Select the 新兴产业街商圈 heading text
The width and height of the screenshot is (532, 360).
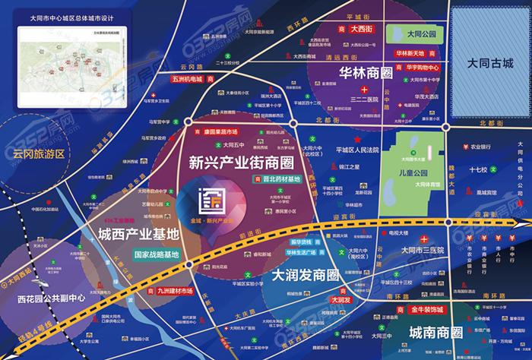click(x=240, y=162)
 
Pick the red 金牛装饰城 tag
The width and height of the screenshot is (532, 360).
click(x=426, y=310)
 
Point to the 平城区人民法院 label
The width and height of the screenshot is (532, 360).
click(x=356, y=150)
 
